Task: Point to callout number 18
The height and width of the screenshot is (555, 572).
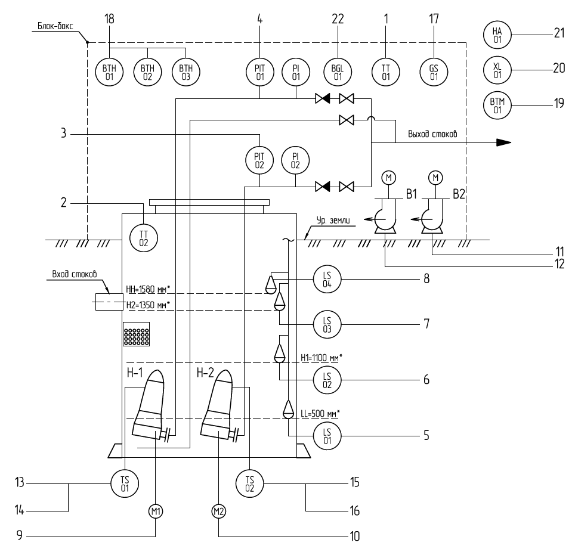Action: [109, 18]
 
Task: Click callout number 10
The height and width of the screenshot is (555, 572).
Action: [354, 536]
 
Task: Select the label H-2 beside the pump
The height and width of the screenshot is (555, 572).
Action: [205, 373]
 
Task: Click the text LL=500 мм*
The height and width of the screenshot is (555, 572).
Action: [320, 414]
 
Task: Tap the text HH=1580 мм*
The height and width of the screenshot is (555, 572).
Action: [148, 290]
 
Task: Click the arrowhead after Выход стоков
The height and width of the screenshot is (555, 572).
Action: [504, 142]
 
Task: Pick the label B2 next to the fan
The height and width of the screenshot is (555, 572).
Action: [459, 194]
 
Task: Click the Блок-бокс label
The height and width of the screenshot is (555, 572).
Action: [55, 26]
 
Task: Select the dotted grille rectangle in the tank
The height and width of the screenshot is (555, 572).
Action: [137, 334]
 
